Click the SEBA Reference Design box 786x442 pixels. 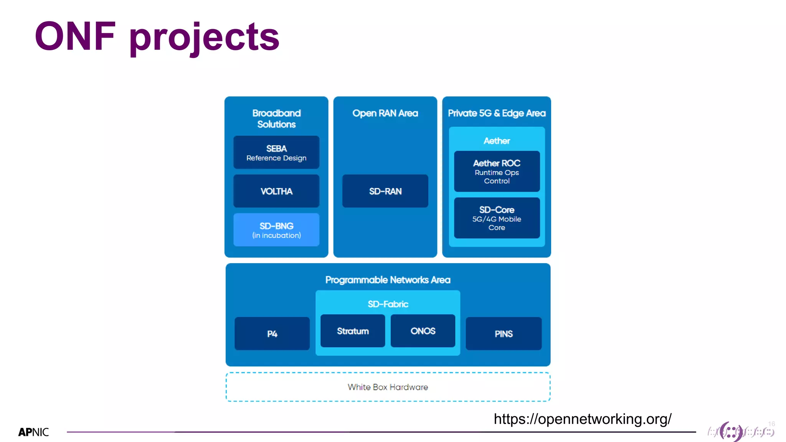coord(276,153)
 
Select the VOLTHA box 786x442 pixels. coord(276,191)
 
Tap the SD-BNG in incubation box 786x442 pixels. coord(276,230)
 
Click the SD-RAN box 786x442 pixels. coord(385,191)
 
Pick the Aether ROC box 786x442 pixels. coord(497,172)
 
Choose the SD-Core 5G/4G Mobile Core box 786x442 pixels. coord(497,218)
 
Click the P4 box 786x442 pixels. coord(272,333)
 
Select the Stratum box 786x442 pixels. coord(353,331)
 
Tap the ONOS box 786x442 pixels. coord(423,331)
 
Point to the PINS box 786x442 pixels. coord(504,333)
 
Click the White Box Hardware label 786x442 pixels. coord(388,387)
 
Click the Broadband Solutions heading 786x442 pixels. coord(276,119)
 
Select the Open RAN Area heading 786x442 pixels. coord(385,113)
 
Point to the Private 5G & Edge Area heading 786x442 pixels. coord(497,113)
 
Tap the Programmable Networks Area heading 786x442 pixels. coord(388,280)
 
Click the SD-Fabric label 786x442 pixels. coord(388,304)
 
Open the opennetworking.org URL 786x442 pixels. coord(582,419)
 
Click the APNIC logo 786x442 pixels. coord(33,432)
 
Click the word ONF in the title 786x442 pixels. coord(75,36)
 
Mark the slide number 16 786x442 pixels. coord(771,424)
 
